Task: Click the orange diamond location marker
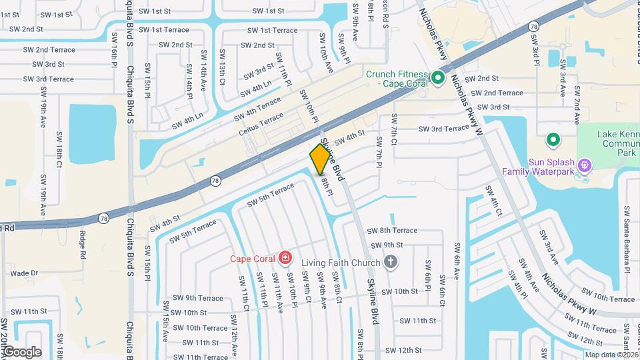[x=320, y=159]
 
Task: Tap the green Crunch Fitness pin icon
[x=438, y=79]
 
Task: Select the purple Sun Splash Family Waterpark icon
[x=585, y=164]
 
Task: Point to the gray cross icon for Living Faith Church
[x=391, y=262]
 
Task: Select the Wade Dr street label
[x=25, y=273]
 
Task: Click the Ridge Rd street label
[x=83, y=245]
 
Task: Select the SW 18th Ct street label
[x=59, y=149]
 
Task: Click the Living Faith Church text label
[x=341, y=262]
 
